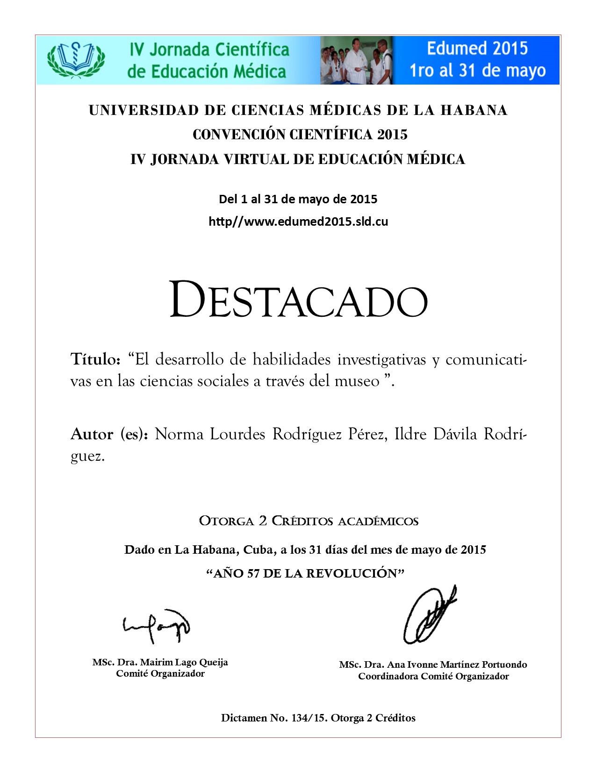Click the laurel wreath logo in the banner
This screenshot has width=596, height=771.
(76, 59)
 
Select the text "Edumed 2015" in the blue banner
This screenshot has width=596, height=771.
(477, 49)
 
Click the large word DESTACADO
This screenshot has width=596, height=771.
(298, 300)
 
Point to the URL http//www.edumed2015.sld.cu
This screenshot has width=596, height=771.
(298, 221)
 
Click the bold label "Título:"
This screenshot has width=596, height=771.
(96, 359)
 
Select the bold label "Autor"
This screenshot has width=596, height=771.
(92, 434)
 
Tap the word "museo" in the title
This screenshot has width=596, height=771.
(357, 381)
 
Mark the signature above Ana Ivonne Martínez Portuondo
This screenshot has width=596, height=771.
(429, 615)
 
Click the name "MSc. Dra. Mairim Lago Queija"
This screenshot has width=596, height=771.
(160, 662)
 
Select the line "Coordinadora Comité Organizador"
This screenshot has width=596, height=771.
(433, 676)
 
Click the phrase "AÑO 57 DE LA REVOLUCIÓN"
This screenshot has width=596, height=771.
(305, 573)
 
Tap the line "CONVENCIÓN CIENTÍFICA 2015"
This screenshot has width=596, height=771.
(300, 135)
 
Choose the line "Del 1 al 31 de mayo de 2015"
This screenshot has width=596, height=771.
(298, 199)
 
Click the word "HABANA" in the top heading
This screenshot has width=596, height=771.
(474, 110)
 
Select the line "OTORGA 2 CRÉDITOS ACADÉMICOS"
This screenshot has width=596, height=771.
(309, 521)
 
